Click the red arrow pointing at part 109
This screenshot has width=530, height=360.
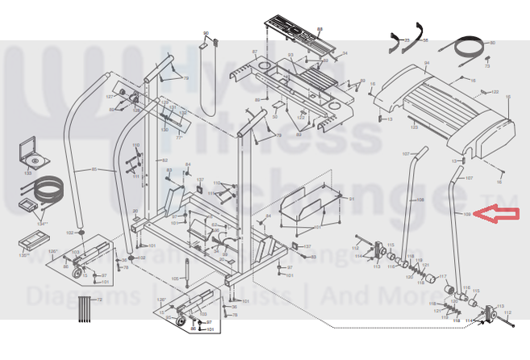coord(495,214)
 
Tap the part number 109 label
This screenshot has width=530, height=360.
coord(466,214)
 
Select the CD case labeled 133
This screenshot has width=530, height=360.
coord(29,151)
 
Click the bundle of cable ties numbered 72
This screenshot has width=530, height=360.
coord(84,309)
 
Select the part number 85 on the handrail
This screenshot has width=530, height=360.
coord(94,170)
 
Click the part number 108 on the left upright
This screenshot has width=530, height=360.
coord(419,199)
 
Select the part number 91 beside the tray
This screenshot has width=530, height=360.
coord(351,198)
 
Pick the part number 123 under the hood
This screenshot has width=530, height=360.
coord(414,128)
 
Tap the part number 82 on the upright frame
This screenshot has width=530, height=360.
coord(165,161)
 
